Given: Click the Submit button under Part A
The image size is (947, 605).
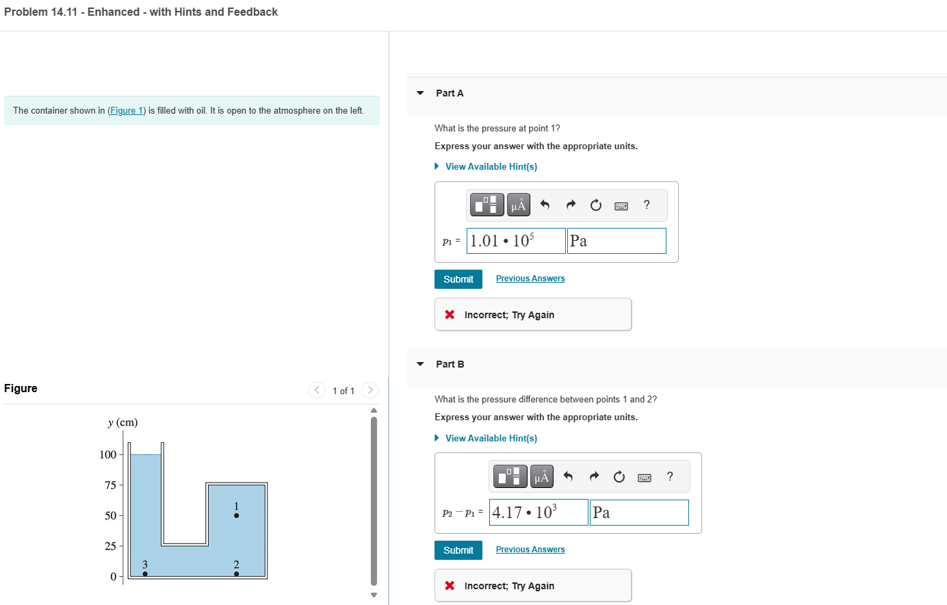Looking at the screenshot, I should (x=458, y=279).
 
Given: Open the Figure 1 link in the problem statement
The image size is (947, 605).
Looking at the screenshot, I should (x=126, y=111).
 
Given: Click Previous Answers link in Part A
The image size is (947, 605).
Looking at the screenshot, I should (x=530, y=279).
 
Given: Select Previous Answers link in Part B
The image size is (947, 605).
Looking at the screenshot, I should (x=530, y=550).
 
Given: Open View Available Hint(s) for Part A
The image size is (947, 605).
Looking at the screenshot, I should (x=491, y=167).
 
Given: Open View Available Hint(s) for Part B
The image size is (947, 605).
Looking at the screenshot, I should (x=491, y=438).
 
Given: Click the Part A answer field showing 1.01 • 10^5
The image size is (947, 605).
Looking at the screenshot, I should (x=516, y=241).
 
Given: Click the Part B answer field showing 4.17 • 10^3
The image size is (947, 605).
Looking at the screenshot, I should (x=539, y=513).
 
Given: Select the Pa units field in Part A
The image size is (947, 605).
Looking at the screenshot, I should (x=617, y=241).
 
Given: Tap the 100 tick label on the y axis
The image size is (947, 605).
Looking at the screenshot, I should (x=108, y=454).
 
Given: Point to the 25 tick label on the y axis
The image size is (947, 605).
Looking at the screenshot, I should (x=110, y=546).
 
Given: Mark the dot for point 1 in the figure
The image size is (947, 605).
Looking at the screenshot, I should (x=236, y=515).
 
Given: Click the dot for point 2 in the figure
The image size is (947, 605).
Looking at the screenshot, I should (x=236, y=574).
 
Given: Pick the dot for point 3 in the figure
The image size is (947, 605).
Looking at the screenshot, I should (x=145, y=574).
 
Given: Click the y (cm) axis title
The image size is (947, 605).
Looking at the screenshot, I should (x=122, y=423).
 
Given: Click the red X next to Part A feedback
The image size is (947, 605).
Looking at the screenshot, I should (x=450, y=315).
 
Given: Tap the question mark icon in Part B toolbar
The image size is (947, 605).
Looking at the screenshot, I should (x=670, y=476).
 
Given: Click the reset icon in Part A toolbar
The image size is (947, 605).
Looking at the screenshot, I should (x=596, y=205).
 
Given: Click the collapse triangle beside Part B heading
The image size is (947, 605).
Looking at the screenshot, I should (x=420, y=364).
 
